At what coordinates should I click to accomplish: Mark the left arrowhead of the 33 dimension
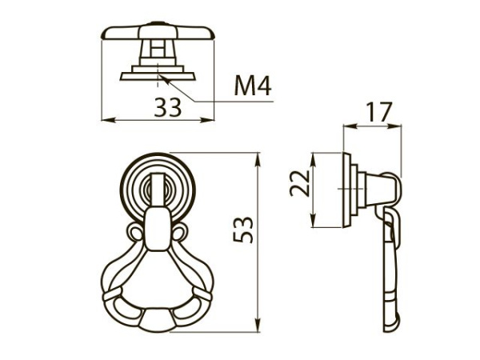(x=106, y=121)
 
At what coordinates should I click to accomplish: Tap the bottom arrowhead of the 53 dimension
(x=258, y=328)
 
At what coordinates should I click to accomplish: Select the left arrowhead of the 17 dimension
(x=346, y=126)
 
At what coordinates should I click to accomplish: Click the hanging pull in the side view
(x=390, y=272)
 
